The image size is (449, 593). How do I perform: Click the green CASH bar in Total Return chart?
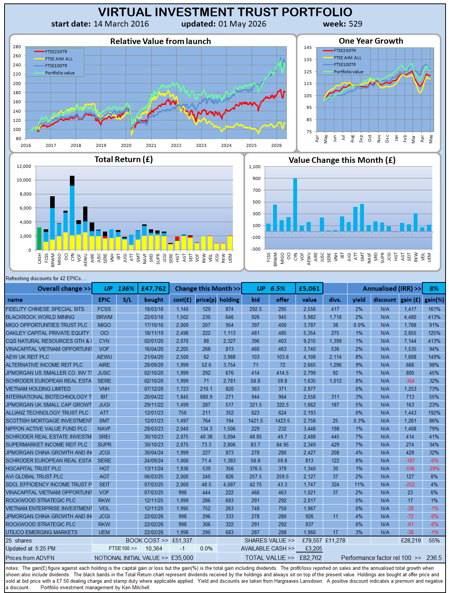coord(39,238)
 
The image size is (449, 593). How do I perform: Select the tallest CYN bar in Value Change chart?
coord(295,205)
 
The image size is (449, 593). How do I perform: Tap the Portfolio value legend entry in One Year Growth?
coord(343,72)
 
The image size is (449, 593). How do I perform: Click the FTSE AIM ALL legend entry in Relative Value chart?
coord(53,58)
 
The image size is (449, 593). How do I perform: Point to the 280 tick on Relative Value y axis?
coord(17,47)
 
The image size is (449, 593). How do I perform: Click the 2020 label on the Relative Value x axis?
coord(126,145)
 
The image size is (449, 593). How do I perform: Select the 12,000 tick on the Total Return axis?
coord(24,166)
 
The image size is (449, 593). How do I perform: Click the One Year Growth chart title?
coord(371,41)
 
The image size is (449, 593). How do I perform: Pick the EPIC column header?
coord(104,300)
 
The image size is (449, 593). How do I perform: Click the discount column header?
coord(384,300)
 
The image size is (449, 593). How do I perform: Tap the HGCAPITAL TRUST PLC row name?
coord(33,468)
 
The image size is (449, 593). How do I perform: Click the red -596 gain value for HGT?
coord(410,468)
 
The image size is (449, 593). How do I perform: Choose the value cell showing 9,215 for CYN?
coord(309,341)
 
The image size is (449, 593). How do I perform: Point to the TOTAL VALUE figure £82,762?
coord(310,558)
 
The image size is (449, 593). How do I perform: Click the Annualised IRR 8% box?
coord(433,288)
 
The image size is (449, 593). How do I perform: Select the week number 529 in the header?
coord(355,24)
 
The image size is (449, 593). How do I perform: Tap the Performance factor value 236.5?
coord(434,558)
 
